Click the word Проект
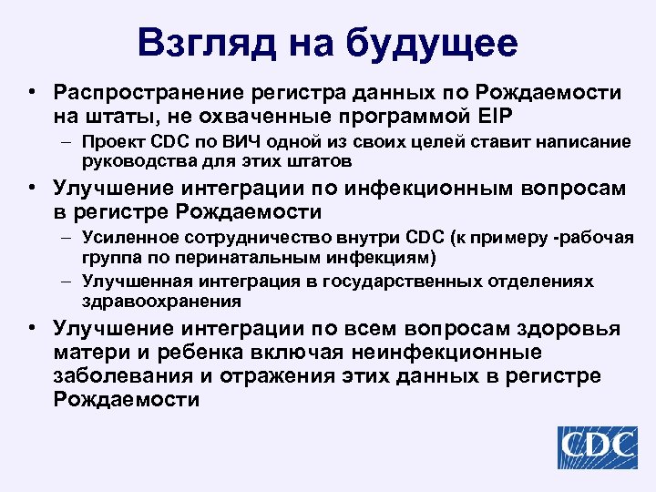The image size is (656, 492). pos(109,142)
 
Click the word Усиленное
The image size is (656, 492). pos(125,238)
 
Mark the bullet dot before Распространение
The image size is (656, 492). pos(32,93)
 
